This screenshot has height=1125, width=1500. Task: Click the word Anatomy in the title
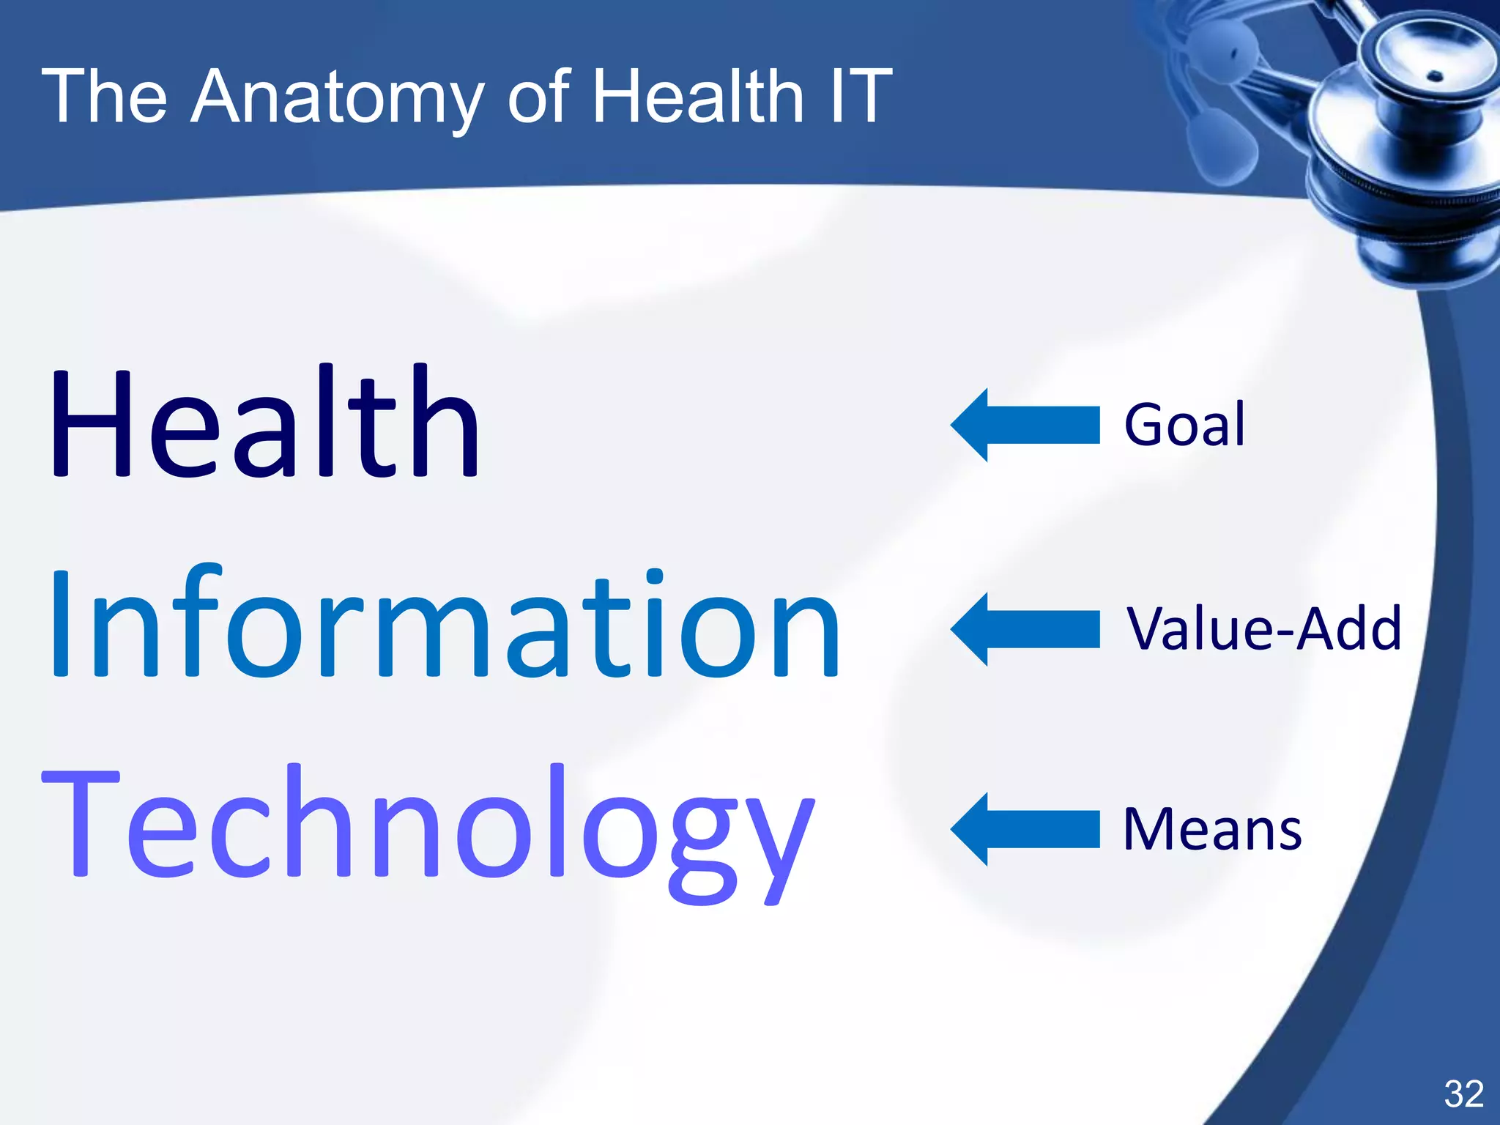pos(337,97)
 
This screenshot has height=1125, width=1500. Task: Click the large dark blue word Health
pos(264,423)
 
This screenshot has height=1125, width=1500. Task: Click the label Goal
pos(1184,425)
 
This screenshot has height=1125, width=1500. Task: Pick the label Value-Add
pos(1263,628)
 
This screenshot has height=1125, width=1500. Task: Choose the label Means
pos(1212,830)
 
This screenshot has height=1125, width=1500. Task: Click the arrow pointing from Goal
pos(1025,425)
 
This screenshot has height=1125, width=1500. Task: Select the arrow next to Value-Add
pos(1025,629)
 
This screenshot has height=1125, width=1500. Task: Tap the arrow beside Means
pos(1025,829)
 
